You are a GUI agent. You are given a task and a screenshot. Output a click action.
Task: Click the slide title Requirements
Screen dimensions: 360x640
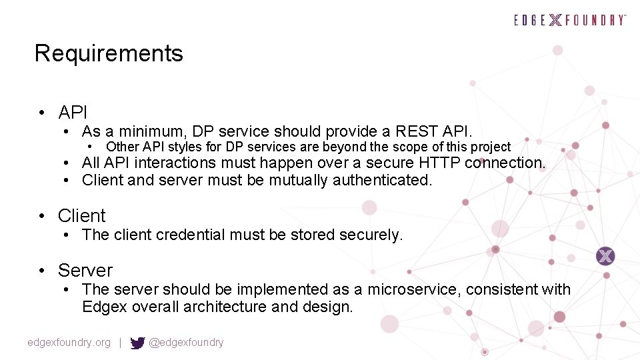pyautogui.click(x=109, y=53)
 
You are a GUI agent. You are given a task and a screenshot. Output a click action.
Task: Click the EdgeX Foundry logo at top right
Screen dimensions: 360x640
pyautogui.click(x=570, y=20)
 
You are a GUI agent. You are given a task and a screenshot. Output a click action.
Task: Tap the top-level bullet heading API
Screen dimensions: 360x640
pyautogui.click(x=73, y=113)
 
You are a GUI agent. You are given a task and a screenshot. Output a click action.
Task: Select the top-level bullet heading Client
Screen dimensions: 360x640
pyautogui.click(x=81, y=216)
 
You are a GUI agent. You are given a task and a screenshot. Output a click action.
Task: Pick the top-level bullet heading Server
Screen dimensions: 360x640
pyautogui.click(x=85, y=271)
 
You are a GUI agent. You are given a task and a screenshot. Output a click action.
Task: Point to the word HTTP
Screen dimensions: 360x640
pyautogui.click(x=439, y=163)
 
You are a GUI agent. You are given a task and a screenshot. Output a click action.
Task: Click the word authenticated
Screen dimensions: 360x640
pyautogui.click(x=382, y=180)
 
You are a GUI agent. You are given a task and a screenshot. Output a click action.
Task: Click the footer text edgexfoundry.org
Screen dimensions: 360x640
pyautogui.click(x=69, y=343)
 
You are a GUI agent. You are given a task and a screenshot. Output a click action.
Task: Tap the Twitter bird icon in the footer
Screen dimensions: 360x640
pyautogui.click(x=137, y=343)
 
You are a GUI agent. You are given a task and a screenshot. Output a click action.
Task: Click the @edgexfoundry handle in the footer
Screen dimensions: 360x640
pyautogui.click(x=186, y=343)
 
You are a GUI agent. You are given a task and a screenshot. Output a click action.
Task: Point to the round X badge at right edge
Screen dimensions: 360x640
pyautogui.click(x=605, y=256)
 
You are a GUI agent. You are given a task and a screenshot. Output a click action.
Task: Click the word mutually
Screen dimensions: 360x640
pyautogui.click(x=297, y=180)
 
